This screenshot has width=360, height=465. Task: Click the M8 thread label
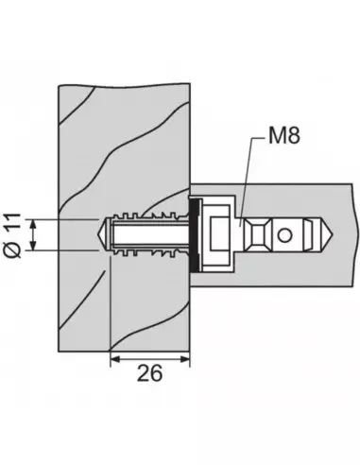click(284, 135)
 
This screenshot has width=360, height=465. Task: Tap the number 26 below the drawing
click(150, 373)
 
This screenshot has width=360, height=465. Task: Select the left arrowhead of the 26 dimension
click(115, 359)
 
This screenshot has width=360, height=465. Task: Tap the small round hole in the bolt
click(284, 235)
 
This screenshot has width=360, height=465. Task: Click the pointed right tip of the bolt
click(333, 235)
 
